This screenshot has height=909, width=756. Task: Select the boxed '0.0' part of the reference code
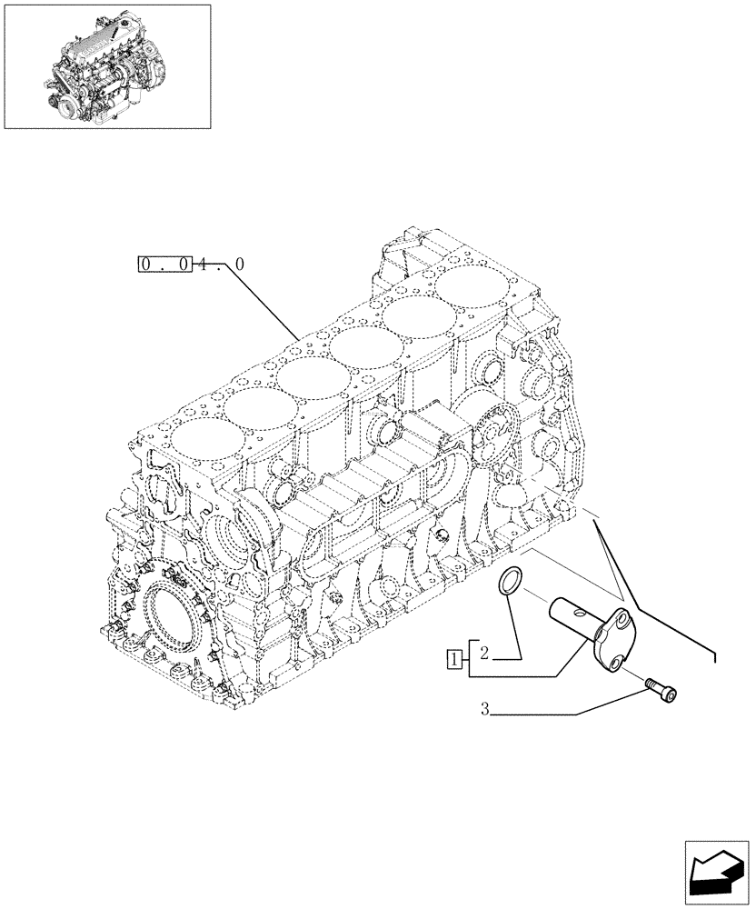click(x=164, y=265)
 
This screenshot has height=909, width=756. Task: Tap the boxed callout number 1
click(x=453, y=659)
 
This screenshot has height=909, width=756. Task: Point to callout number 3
click(x=485, y=712)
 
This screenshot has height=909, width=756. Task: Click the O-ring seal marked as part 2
click(x=511, y=582)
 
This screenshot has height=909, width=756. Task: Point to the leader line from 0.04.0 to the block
click(x=264, y=300)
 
